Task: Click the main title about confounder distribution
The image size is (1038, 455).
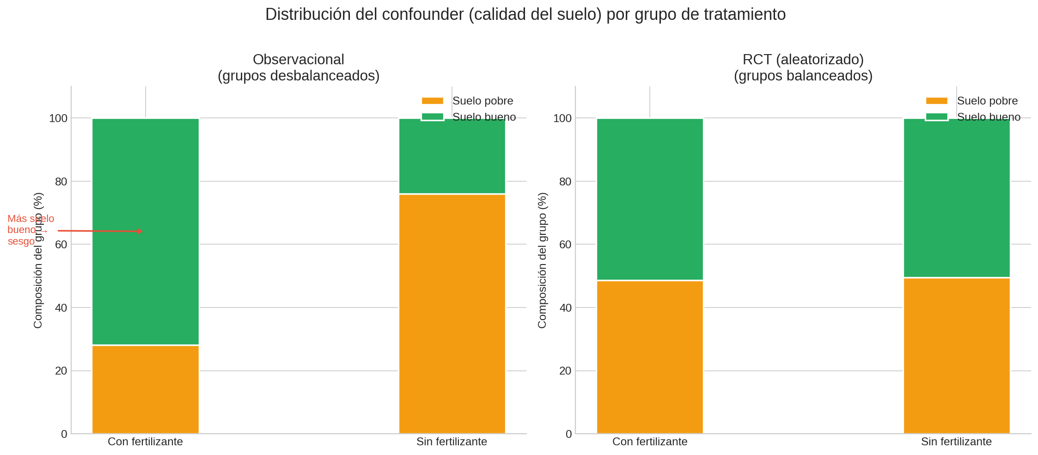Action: pyautogui.click(x=525, y=15)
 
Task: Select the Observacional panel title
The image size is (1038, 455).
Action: pyautogui.click(x=299, y=68)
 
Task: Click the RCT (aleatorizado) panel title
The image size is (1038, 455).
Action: pyautogui.click(x=803, y=68)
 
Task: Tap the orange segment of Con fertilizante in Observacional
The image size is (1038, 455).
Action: pyautogui.click(x=146, y=389)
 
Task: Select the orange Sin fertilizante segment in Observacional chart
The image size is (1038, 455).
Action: pyautogui.click(x=452, y=314)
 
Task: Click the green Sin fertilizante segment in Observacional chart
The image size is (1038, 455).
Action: pyautogui.click(x=452, y=156)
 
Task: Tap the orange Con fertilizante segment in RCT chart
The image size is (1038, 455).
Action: pyautogui.click(x=650, y=357)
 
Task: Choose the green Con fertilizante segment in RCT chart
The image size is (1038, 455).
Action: pyautogui.click(x=650, y=199)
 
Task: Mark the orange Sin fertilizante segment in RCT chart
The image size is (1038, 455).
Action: pyautogui.click(x=957, y=356)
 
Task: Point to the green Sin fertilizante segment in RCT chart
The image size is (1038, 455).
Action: pyautogui.click(x=957, y=198)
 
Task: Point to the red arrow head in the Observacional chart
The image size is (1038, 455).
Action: pyautogui.click(x=140, y=231)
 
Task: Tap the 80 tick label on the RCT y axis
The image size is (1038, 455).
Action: pyautogui.click(x=565, y=182)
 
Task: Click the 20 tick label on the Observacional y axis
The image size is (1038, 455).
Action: pyautogui.click(x=61, y=371)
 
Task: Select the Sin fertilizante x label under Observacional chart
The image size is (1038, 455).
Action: pyautogui.click(x=452, y=442)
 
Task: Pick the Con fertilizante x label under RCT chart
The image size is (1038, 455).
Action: pyautogui.click(x=650, y=442)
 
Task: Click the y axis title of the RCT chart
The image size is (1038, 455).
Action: pyautogui.click(x=543, y=260)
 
